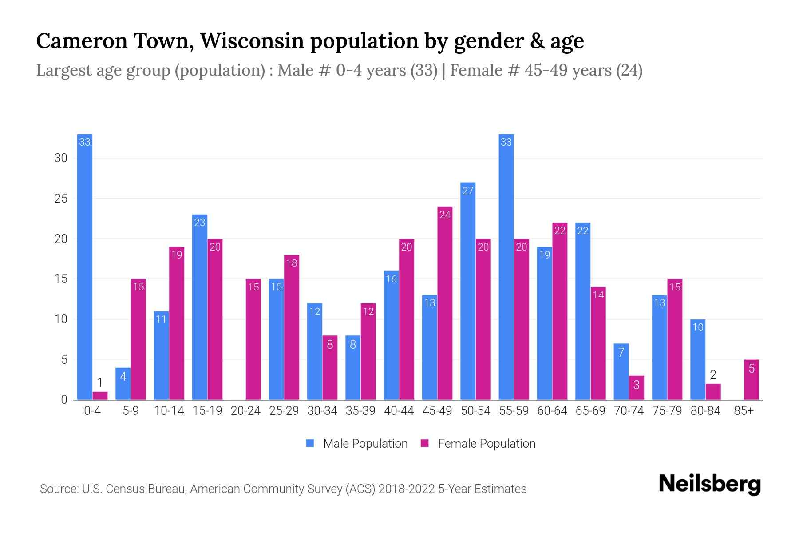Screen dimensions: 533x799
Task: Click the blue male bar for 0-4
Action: pos(84,266)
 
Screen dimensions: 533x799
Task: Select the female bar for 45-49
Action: pos(445,303)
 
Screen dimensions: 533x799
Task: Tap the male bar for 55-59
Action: pos(506,266)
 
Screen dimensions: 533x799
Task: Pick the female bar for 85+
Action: pos(751,380)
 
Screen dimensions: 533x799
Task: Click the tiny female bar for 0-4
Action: pos(100,396)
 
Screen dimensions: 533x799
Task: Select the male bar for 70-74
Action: pos(621,372)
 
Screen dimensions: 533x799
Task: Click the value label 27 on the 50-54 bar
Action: pos(468,191)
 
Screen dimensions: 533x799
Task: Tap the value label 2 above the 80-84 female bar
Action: pos(713,375)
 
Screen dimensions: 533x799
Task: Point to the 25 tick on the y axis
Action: pos(61,199)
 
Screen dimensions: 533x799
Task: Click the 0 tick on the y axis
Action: pos(64,400)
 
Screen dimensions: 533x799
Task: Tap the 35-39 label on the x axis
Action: pos(360,411)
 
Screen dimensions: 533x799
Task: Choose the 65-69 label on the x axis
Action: pos(590,411)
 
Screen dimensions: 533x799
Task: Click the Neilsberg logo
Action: pos(709,484)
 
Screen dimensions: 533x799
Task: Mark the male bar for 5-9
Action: pos(123,384)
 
